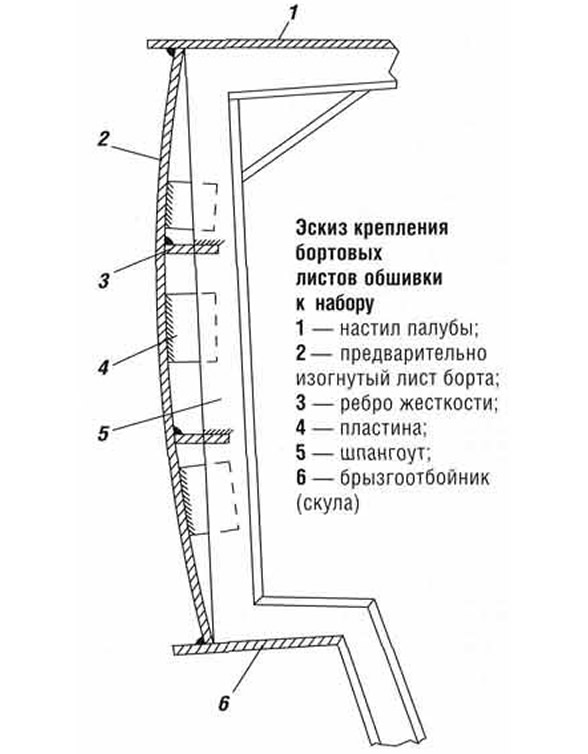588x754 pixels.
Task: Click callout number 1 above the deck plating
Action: pyautogui.click(x=292, y=13)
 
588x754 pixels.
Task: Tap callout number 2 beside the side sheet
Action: pyautogui.click(x=103, y=139)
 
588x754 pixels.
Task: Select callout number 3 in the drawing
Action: pyautogui.click(x=103, y=281)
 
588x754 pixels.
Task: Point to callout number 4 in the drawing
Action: pyautogui.click(x=103, y=368)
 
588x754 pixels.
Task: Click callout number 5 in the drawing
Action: pyautogui.click(x=104, y=433)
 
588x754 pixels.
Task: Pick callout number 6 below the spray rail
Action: pyautogui.click(x=224, y=704)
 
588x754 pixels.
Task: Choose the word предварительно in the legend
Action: pyautogui.click(x=413, y=354)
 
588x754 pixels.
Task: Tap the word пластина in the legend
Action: pyautogui.click(x=383, y=428)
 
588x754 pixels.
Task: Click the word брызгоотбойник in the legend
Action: pyautogui.click(x=414, y=478)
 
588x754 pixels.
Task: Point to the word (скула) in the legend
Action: pyautogui.click(x=328, y=504)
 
